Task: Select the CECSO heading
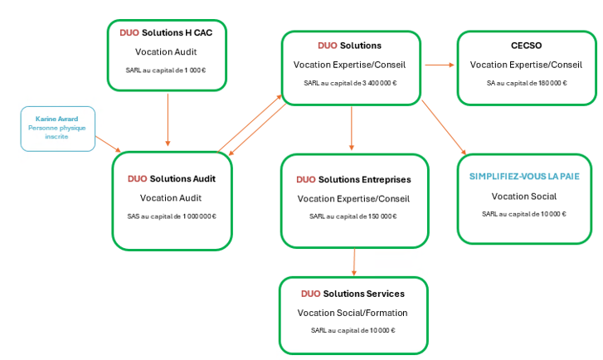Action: pos(526,46)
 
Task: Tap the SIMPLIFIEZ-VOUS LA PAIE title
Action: pos(524,177)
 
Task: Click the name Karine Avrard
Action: pos(57,119)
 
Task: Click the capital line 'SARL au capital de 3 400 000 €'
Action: pos(350,82)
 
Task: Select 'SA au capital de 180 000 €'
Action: pos(526,83)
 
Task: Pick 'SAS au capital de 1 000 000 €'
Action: pos(171,216)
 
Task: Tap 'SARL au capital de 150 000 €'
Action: pos(353,216)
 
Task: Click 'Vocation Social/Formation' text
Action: pos(353,313)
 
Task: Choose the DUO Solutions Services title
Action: pos(353,294)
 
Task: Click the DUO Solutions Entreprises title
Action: pos(353,179)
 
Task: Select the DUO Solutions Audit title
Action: pos(171,178)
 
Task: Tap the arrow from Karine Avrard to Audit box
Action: pos(108,144)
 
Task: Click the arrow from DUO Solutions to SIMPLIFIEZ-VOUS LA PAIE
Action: pos(444,129)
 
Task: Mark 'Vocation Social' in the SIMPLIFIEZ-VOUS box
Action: pos(524,197)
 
